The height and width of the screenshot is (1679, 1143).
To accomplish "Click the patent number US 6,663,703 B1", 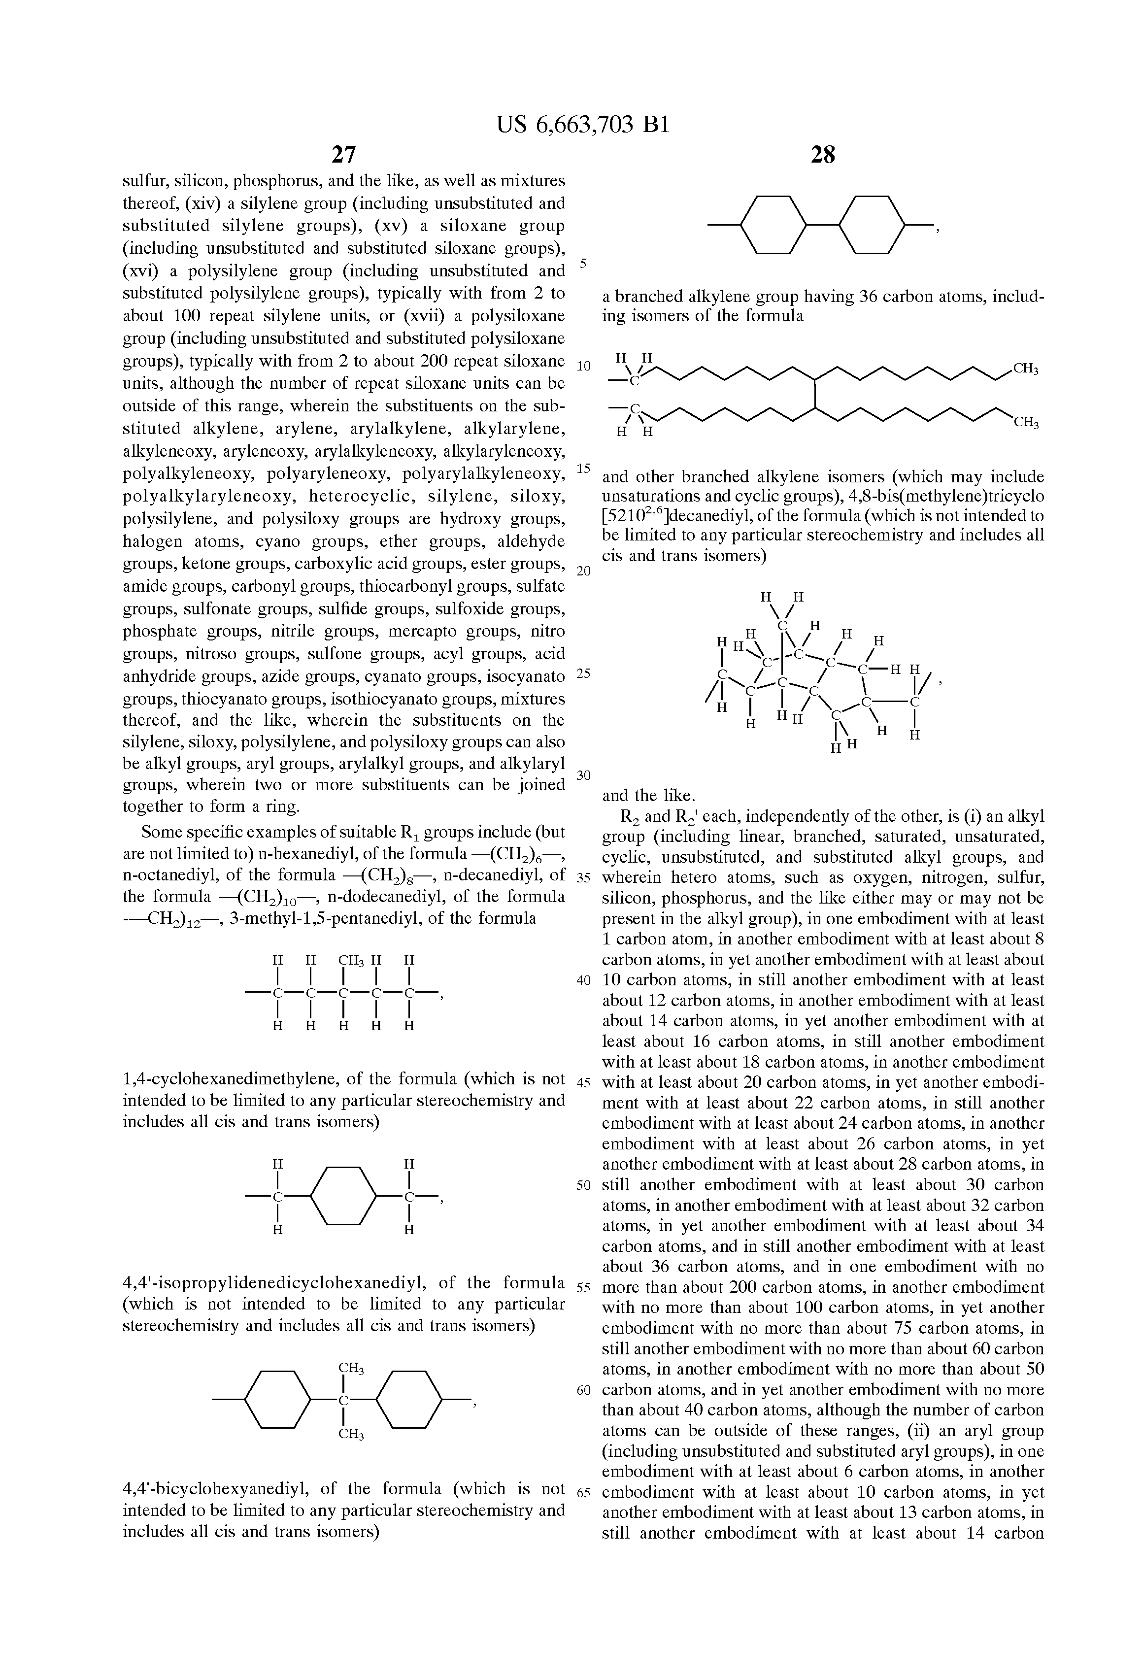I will [583, 126].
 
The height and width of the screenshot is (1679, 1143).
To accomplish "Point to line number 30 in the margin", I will [584, 775].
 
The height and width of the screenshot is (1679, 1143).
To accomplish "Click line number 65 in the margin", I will [584, 1493].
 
